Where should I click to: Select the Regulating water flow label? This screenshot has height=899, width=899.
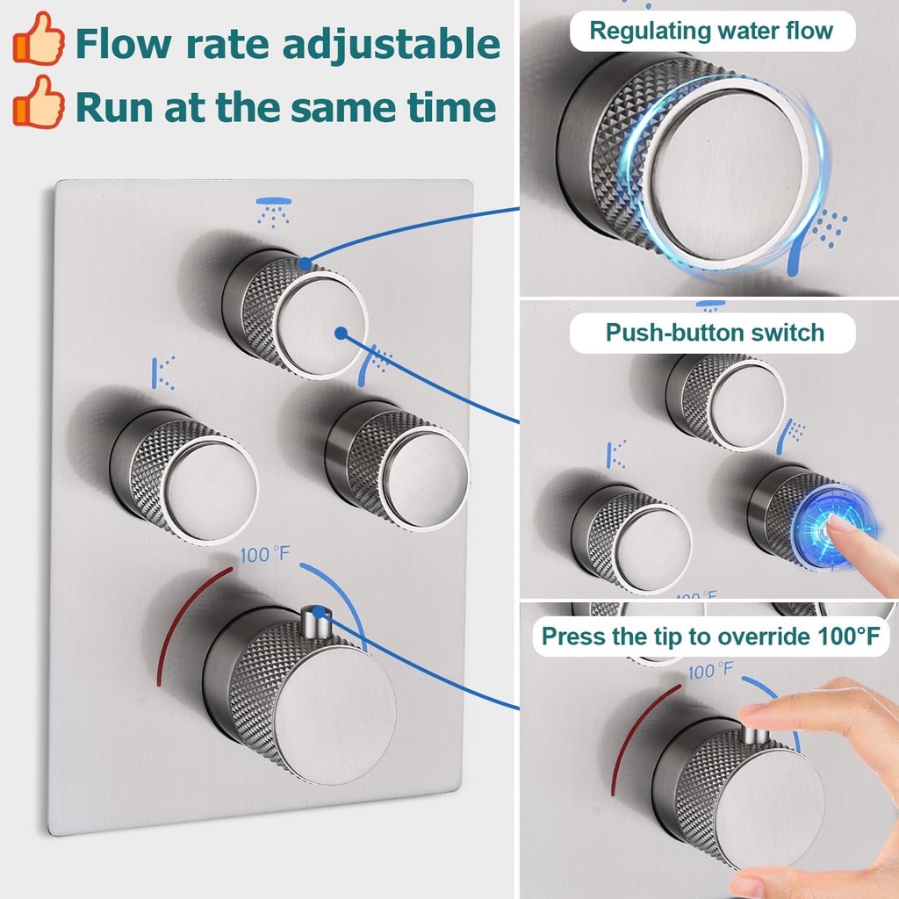click(710, 31)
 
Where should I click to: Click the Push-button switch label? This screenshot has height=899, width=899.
click(715, 333)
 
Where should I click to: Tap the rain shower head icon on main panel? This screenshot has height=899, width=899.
click(273, 212)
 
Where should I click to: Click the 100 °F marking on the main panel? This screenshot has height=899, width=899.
click(265, 556)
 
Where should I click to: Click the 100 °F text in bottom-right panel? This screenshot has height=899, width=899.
click(710, 672)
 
